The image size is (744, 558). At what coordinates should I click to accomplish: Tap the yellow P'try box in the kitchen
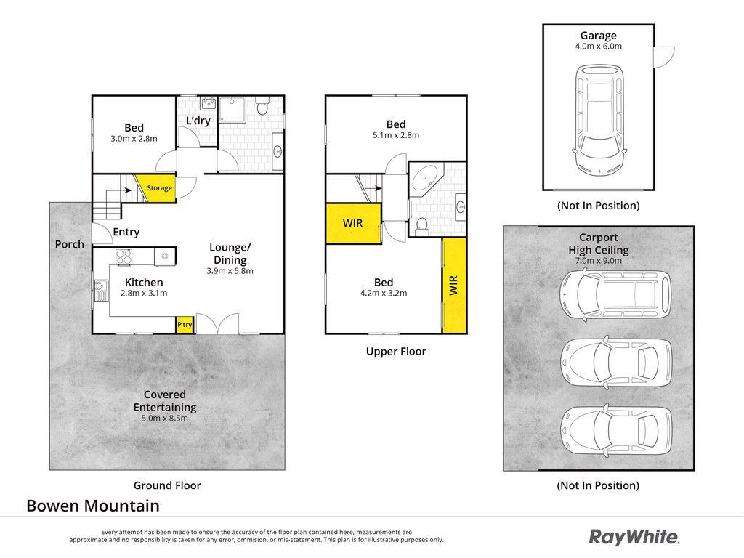click(185, 325)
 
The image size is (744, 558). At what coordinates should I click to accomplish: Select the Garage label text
click(599, 35)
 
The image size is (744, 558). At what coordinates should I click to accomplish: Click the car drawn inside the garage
click(599, 120)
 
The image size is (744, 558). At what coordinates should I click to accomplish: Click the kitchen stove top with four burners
click(124, 256)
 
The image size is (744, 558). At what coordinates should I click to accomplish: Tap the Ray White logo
click(634, 537)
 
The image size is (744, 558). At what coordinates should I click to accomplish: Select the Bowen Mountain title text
click(93, 506)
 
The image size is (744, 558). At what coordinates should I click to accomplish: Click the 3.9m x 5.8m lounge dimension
click(230, 271)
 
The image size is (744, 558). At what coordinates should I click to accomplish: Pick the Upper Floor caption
click(396, 352)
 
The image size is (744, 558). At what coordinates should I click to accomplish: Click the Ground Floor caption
click(167, 485)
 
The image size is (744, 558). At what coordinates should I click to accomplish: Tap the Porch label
click(69, 244)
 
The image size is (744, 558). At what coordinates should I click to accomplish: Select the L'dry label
click(198, 121)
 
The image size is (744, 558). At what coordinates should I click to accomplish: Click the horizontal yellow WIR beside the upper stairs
click(354, 224)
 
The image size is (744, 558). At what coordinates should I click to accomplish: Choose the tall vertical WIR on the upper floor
click(454, 285)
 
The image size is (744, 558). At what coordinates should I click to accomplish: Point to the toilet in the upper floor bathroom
click(422, 227)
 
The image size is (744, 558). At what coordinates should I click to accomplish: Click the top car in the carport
click(615, 294)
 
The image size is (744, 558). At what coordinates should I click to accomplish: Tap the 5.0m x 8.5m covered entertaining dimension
click(165, 418)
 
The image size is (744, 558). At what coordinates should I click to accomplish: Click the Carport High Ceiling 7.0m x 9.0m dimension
click(599, 261)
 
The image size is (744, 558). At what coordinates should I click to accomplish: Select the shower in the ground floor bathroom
click(232, 110)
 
